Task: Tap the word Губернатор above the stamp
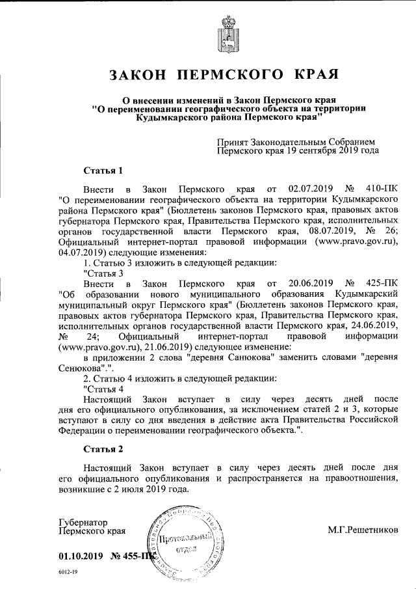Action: pyautogui.click(x=83, y=522)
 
